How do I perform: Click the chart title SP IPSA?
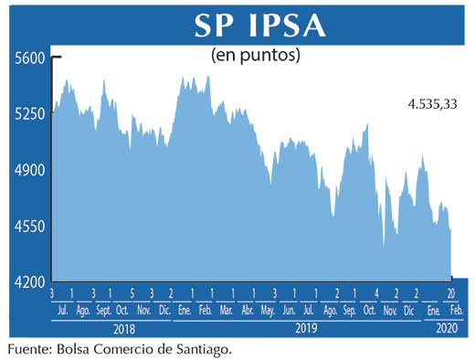[x=259, y=25]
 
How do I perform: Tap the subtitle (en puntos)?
[x=257, y=56]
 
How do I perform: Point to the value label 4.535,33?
[x=432, y=104]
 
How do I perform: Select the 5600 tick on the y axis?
[x=28, y=58]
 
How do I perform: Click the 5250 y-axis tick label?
[x=28, y=114]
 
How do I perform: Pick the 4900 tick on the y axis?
[x=28, y=171]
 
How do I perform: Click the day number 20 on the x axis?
[x=451, y=292]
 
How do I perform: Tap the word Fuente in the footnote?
[x=27, y=349]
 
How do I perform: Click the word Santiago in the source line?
[x=212, y=349]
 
